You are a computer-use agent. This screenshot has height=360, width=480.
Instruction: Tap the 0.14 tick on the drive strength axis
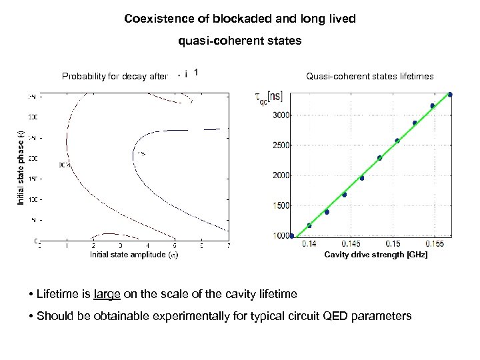point(309,244)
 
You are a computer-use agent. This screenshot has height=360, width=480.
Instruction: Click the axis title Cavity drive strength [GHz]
point(376,255)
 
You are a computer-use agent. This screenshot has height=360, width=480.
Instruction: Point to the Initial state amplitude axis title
point(134,254)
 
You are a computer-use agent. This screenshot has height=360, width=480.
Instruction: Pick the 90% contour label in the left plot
point(65,164)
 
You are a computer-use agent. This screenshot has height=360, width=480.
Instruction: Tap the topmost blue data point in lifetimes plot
point(451,95)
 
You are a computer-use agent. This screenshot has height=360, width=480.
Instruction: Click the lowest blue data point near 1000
point(291,236)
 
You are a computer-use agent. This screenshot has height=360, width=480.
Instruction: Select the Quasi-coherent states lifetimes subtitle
point(369,77)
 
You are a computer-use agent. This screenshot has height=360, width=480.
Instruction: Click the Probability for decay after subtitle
point(115,77)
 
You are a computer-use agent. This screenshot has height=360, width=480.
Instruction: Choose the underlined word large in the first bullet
point(107,293)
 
